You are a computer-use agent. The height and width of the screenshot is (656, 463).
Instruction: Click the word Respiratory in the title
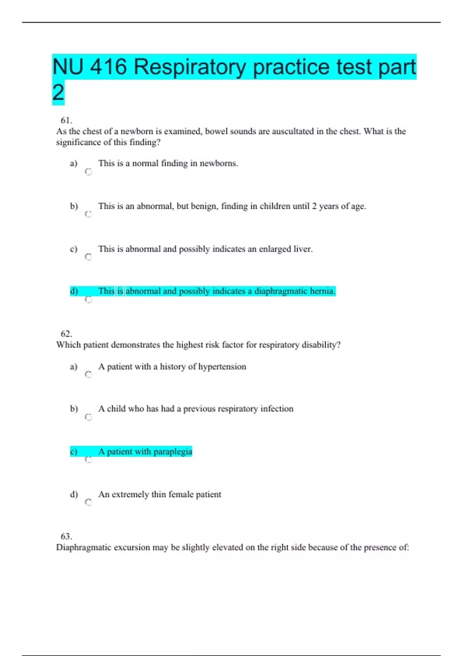(190, 67)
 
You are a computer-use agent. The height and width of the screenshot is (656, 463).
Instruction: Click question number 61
(66, 120)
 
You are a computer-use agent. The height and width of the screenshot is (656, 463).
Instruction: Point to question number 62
(66, 334)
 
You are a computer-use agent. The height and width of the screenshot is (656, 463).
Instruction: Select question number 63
(66, 536)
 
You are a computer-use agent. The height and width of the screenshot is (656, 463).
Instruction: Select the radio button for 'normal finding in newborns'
(88, 172)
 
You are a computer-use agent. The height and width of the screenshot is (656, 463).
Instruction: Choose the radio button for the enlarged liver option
(88, 257)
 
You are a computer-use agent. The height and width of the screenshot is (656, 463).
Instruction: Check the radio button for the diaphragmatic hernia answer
(88, 299)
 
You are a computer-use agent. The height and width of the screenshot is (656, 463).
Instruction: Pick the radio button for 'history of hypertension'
(88, 375)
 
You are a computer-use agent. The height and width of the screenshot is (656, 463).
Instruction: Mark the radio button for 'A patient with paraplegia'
(88, 460)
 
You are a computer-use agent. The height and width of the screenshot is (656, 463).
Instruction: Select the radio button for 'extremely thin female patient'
(88, 502)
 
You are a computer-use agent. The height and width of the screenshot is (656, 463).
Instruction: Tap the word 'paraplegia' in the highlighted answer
(172, 451)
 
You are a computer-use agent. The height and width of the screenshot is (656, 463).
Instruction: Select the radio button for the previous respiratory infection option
(88, 417)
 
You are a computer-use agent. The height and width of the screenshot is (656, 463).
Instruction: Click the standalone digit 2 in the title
(58, 93)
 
